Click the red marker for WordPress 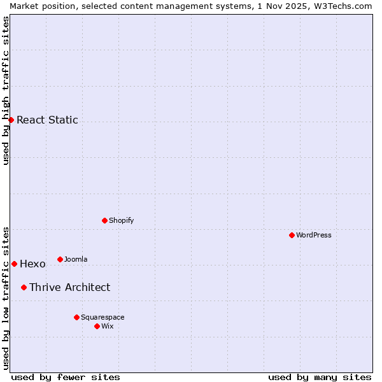pos(292,235)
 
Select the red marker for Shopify pos(104,220)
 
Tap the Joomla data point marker pos(60,259)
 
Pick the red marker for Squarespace pos(76,317)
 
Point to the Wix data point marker pos(97,326)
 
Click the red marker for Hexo pos(14,264)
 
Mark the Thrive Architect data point pos(24,287)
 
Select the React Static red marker pos(11,120)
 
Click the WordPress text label pos(314,235)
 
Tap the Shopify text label pos(121,220)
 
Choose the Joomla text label pos(76,259)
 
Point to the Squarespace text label pos(103,317)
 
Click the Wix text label pos(107,326)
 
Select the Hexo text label pos(32,264)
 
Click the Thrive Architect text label pos(69,287)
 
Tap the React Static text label pos(47,120)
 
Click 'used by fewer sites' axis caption pos(66,377)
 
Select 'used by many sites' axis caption pos(320,377)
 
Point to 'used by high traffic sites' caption pos(6,90)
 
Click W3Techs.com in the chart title pos(342,6)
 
